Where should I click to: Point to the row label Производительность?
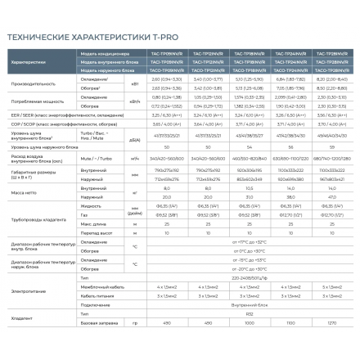tap(33, 84)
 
